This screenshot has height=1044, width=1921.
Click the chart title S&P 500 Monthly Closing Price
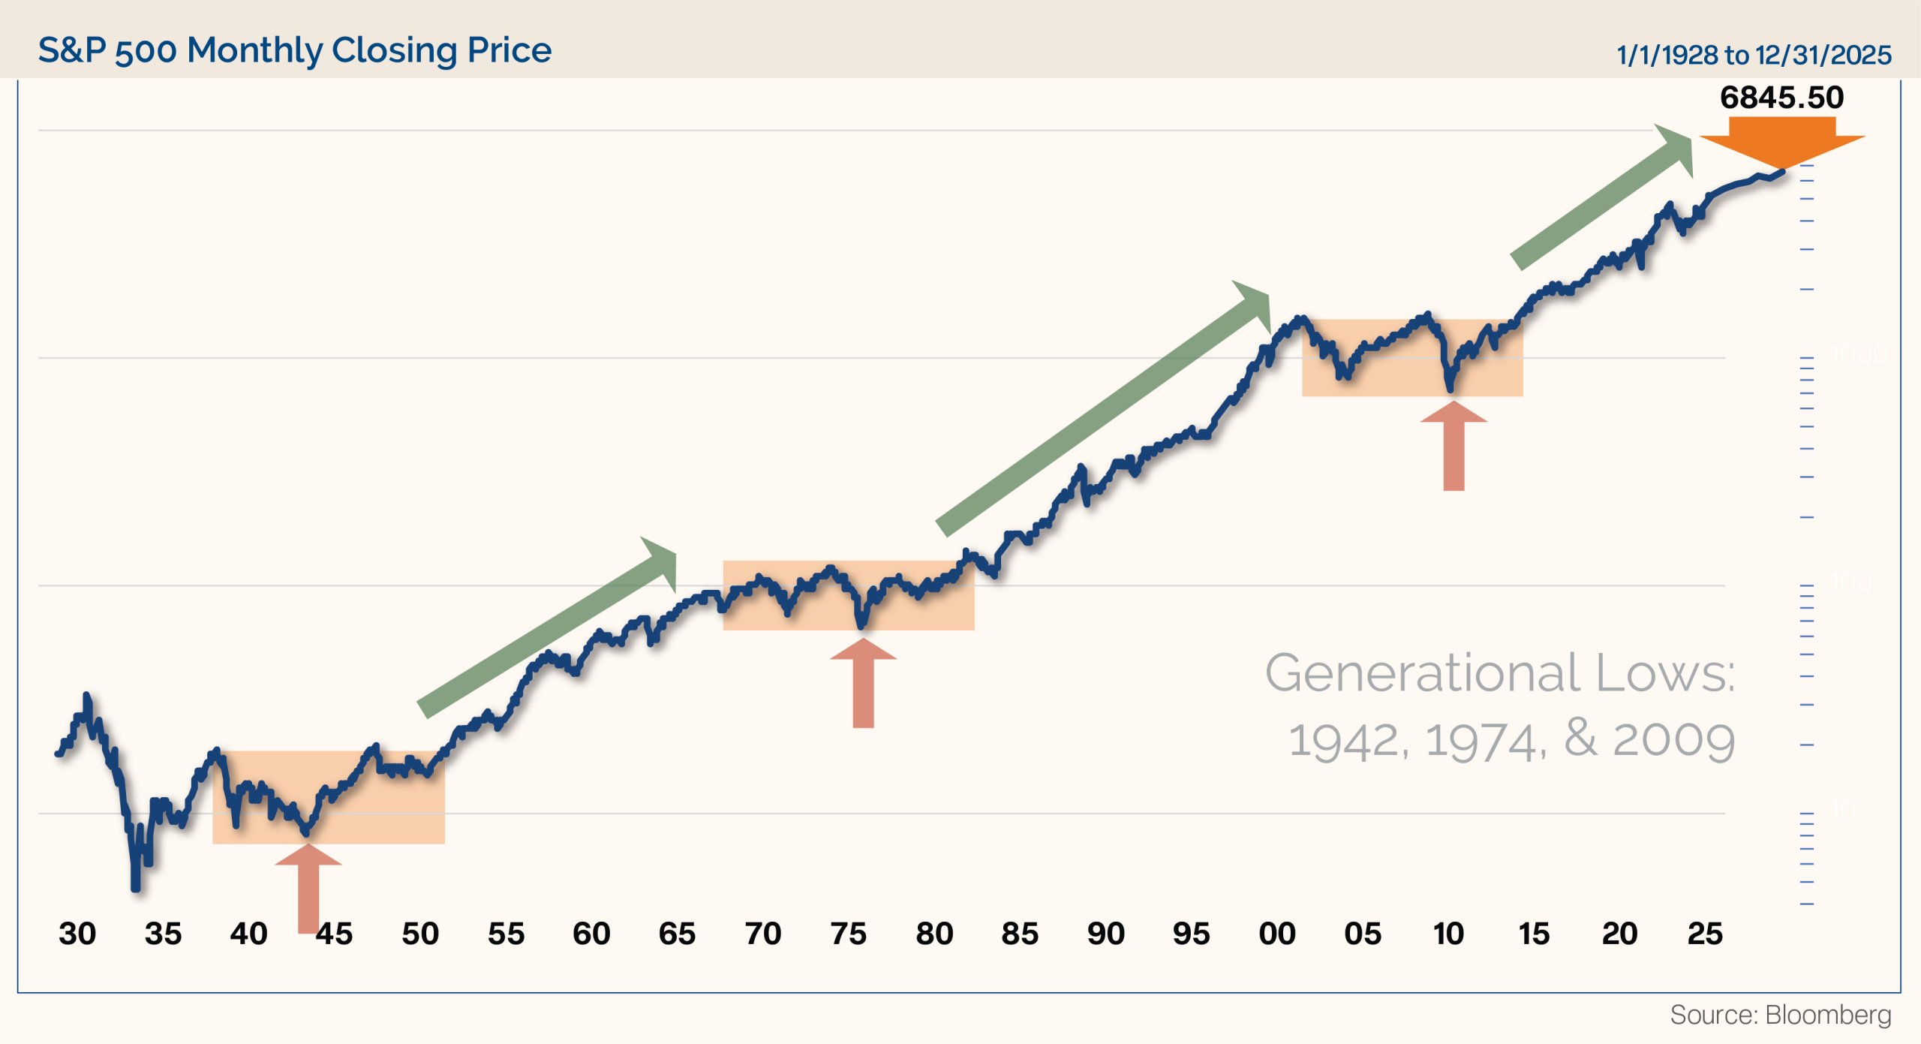tap(295, 50)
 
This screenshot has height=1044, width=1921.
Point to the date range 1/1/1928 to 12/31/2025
tap(1754, 55)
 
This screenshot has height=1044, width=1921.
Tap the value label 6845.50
tap(1781, 98)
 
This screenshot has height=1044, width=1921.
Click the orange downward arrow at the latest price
tap(1782, 143)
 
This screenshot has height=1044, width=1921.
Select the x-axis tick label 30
tap(77, 934)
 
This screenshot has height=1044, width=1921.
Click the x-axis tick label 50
tap(420, 934)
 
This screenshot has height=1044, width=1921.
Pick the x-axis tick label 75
tap(849, 934)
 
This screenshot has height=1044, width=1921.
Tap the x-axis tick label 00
tap(1277, 934)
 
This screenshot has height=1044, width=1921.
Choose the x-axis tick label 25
tap(1705, 934)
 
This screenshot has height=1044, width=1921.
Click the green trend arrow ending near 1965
tap(548, 627)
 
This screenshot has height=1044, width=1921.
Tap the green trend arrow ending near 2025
tap(1602, 197)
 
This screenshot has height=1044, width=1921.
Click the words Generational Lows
tap(1499, 672)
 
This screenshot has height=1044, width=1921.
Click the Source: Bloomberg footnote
tap(1780, 1015)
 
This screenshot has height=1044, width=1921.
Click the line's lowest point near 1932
tap(136, 888)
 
